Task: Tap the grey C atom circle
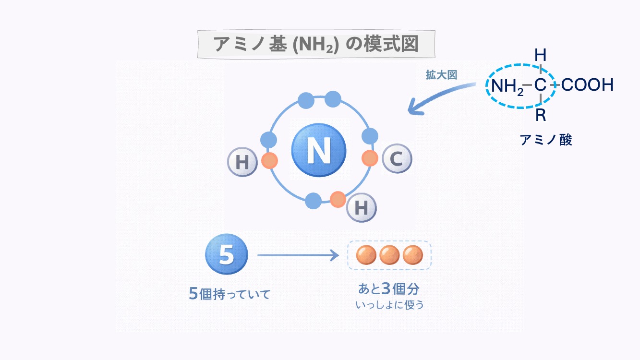397,158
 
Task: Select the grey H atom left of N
242,162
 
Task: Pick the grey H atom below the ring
361,207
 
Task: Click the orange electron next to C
370,158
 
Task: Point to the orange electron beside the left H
269,160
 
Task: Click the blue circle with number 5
227,255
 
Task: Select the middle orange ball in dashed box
389,255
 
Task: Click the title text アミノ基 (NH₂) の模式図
316,44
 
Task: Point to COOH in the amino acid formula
587,85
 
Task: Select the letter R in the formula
541,115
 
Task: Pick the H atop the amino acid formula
541,55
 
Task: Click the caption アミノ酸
546,140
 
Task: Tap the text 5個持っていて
230,294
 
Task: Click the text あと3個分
389,289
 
